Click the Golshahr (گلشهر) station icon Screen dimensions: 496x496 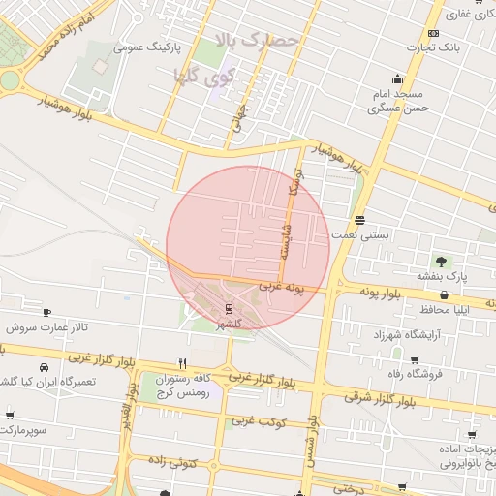(x=230, y=309)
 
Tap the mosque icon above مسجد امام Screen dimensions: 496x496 (x=397, y=78)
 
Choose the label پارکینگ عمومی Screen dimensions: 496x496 (x=142, y=46)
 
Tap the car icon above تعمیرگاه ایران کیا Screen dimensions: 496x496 (x=45, y=367)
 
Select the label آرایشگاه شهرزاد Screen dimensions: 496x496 (x=407, y=334)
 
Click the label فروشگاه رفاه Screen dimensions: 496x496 (x=439, y=374)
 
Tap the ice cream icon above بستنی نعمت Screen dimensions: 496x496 (x=360, y=219)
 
